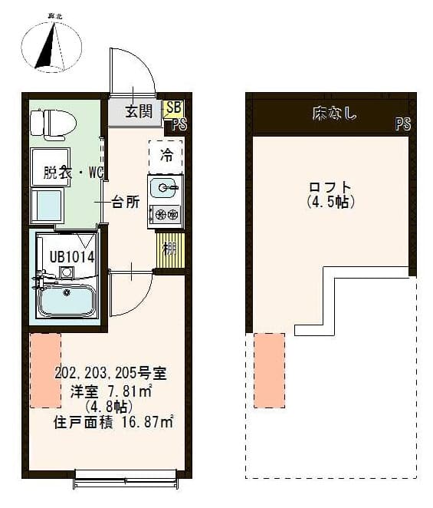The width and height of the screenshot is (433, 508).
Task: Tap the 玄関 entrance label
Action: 139,112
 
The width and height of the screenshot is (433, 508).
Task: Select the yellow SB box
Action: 174,108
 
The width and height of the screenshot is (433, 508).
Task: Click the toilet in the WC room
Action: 50,123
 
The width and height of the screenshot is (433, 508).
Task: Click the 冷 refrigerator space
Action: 166,156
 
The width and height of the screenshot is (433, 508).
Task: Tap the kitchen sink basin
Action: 164,186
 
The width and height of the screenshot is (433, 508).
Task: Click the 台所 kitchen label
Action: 125,203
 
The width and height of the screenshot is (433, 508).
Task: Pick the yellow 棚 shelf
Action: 170,249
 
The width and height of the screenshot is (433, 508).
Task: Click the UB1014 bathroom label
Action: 71,257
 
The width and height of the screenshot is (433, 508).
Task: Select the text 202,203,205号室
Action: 110,374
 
